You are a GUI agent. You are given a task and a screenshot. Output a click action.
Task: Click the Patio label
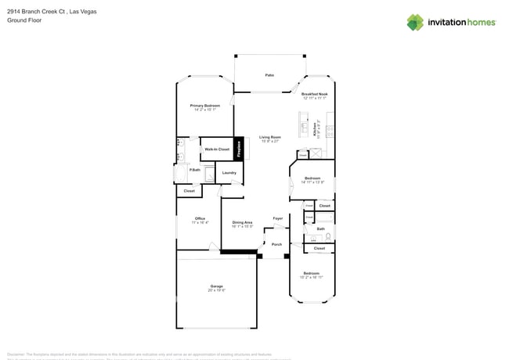tap(269, 75)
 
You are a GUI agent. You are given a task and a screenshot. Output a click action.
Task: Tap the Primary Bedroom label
tap(205, 106)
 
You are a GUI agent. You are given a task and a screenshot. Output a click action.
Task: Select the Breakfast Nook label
tap(315, 94)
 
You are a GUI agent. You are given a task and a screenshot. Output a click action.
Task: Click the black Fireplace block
tap(240, 149)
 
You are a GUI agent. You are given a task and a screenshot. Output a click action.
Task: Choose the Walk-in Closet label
tap(217, 149)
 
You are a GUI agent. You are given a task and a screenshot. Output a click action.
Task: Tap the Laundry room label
tap(229, 172)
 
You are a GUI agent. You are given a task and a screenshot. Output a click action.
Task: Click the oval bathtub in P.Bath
tap(182, 175)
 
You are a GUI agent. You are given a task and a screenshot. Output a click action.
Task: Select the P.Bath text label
tap(194, 169)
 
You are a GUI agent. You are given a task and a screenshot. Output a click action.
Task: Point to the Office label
tap(201, 218)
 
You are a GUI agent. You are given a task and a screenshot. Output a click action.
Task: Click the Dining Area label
tap(243, 222)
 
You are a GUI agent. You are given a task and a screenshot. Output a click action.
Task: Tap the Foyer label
tap(277, 218)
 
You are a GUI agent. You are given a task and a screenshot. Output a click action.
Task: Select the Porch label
tap(276, 244)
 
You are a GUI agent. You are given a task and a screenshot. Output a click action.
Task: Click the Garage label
tap(216, 286)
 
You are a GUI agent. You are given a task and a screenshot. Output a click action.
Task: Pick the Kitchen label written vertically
tap(315, 130)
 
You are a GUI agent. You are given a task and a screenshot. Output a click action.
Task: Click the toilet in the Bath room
tap(329, 236)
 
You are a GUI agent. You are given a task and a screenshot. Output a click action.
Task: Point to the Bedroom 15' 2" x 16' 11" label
tap(311, 273)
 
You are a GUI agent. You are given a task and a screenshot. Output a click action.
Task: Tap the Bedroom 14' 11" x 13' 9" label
tap(312, 178)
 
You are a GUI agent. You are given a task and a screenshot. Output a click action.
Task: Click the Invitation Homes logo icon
tap(415, 23)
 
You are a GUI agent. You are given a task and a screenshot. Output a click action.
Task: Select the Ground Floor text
tap(24, 21)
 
